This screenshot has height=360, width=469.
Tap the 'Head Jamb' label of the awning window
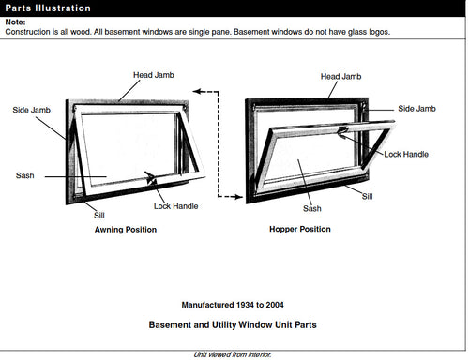pyautogui.click(x=140, y=73)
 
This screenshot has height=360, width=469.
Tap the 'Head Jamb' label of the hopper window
pyautogui.click(x=340, y=76)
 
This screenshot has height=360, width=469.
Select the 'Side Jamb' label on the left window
pyautogui.click(x=31, y=110)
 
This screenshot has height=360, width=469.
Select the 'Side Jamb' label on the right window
pyautogui.click(x=417, y=109)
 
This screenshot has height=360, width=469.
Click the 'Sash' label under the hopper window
pyautogui.click(x=312, y=209)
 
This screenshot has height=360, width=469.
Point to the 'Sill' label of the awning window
pyautogui.click(x=99, y=215)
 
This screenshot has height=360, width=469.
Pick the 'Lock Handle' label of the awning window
pyautogui.click(x=176, y=206)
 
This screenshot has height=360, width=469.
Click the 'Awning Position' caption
pyautogui.click(x=126, y=230)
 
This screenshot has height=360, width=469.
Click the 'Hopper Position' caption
pyautogui.click(x=300, y=230)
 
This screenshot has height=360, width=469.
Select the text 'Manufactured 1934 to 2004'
pyautogui.click(x=233, y=305)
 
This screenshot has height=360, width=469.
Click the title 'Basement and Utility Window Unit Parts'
pyautogui.click(x=233, y=325)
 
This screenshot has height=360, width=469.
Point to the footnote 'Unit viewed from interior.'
pyautogui.click(x=233, y=354)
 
